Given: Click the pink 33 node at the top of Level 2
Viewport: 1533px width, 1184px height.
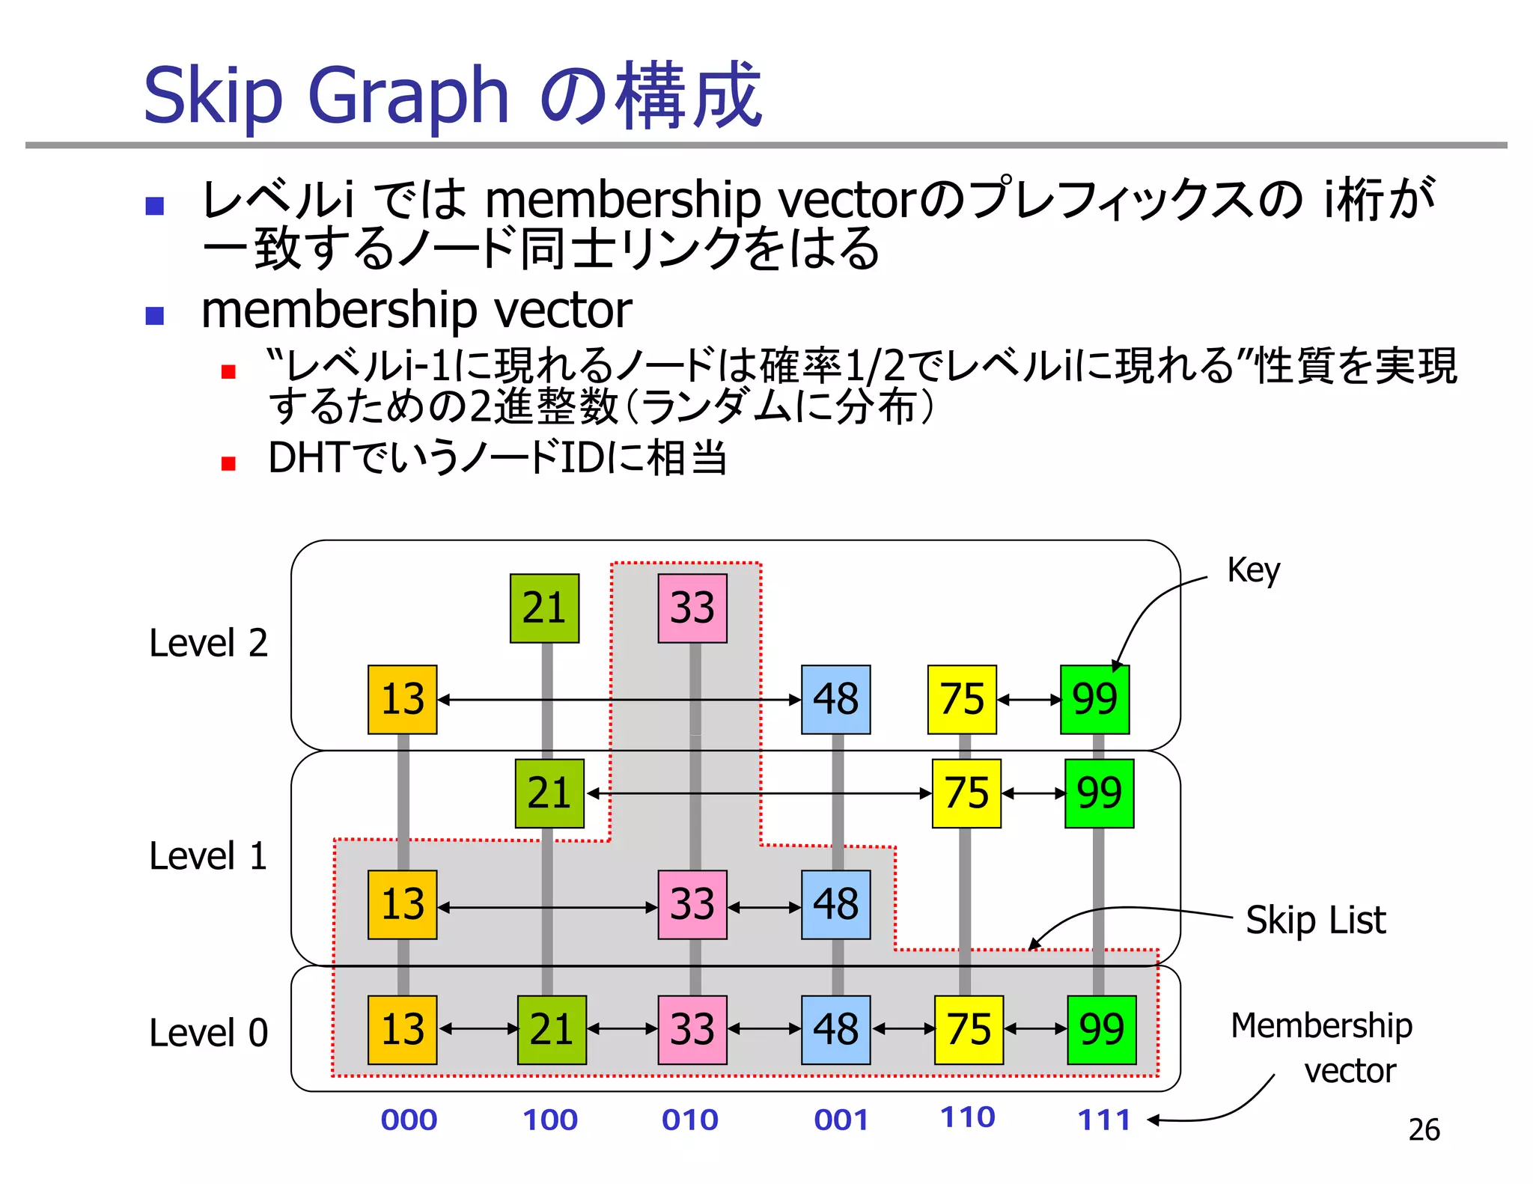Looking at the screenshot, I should coord(692,608).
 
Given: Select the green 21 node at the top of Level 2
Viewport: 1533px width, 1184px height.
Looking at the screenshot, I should coord(544,608).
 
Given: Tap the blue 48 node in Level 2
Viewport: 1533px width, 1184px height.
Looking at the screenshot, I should coord(835,699).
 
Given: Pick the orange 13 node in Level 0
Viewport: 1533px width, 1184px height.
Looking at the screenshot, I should coord(403,1029).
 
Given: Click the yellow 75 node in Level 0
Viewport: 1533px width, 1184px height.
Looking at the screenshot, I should coord(969,1029).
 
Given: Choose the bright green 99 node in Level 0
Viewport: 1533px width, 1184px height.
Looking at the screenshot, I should coord(1101,1029).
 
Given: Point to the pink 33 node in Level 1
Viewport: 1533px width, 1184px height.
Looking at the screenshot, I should coord(692,904).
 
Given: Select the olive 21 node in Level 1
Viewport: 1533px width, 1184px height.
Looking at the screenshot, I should coord(549,793).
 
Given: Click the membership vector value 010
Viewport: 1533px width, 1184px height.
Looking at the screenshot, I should coord(689,1120).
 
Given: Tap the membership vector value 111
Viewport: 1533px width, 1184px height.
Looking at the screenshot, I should coord(1103,1120).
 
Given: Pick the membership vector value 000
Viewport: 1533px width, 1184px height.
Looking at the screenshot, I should coord(409,1120).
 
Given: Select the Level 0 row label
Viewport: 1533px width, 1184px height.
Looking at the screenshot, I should coord(208,1034).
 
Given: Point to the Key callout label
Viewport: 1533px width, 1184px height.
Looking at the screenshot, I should coord(1253,571).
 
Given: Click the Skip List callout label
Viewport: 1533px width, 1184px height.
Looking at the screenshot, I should coord(1315,920).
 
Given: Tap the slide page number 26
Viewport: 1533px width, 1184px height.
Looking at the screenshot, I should coord(1424,1129).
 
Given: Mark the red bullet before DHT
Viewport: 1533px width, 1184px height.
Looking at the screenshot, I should coord(228,464).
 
